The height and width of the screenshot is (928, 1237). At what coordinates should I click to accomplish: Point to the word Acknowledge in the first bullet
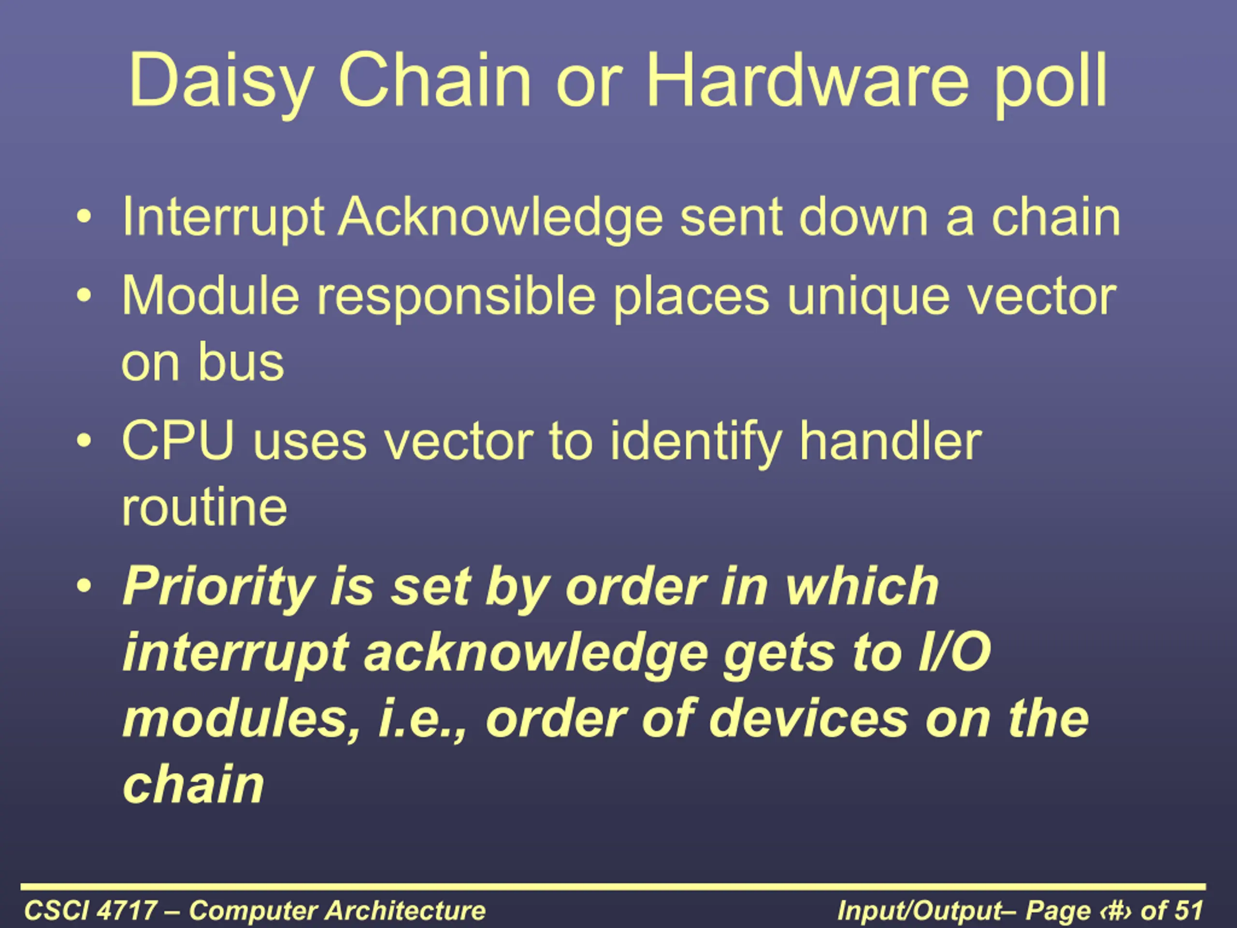click(501, 218)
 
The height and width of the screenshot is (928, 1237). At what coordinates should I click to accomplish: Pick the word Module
click(210, 296)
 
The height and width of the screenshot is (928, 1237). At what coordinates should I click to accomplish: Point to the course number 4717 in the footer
click(127, 911)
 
